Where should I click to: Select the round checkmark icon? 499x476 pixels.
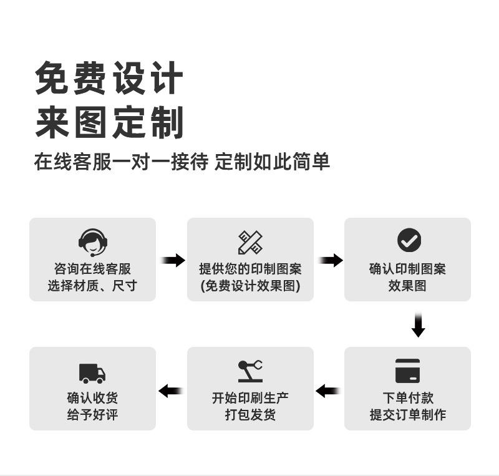point(409,240)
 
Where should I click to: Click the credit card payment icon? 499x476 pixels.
point(407,371)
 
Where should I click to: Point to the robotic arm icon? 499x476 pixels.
point(250,371)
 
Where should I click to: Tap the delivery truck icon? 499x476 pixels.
point(92,372)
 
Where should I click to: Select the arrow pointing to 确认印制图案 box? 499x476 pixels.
point(330,260)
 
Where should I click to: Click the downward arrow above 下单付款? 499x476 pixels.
point(419,325)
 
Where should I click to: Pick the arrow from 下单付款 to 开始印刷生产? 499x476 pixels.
point(329,391)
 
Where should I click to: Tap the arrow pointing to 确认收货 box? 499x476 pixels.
point(171,391)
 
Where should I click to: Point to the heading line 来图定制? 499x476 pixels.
point(109,122)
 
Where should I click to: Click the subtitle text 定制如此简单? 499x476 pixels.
point(272,162)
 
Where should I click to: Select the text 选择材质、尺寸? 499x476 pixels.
point(92,286)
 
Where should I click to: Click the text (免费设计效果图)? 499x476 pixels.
point(250,286)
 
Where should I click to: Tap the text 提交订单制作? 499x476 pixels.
point(407,414)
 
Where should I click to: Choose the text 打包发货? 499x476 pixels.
point(250,414)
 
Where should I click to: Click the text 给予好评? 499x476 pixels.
point(92,414)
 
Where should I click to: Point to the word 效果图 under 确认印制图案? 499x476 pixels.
point(407,286)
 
